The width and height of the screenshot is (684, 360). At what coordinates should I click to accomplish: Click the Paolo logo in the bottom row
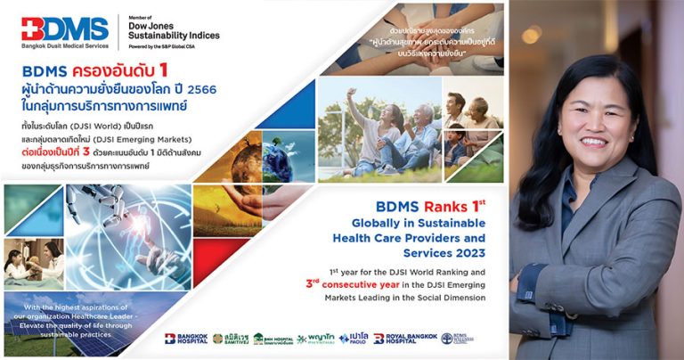pyautogui.click(x=354, y=339)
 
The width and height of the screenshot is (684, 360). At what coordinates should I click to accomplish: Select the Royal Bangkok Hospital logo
pyautogui.click(x=406, y=339)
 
